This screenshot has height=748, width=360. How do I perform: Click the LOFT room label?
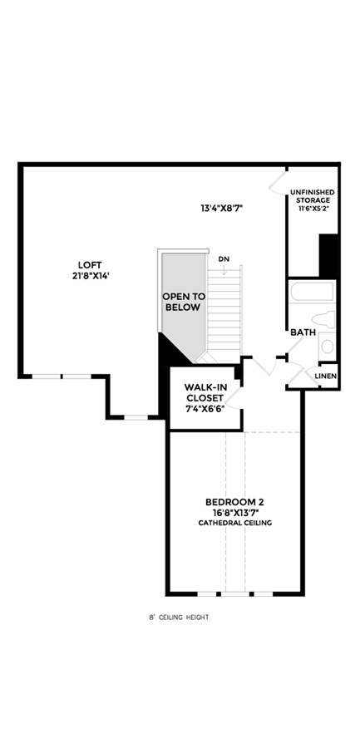(91, 265)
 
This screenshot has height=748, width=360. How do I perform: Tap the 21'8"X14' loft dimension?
(91, 275)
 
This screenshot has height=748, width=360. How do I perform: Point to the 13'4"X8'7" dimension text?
(219, 208)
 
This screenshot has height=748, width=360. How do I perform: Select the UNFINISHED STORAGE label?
(313, 196)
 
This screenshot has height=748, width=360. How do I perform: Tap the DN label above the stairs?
(223, 259)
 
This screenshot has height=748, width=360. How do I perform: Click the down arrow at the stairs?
(223, 269)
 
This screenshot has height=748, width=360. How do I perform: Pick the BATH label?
(303, 332)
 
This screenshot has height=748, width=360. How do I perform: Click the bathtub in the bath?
(313, 292)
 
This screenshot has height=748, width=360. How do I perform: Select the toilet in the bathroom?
(323, 317)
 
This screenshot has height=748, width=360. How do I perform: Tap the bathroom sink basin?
(328, 347)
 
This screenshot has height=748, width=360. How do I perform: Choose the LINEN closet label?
(326, 376)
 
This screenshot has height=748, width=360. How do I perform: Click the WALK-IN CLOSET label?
(205, 391)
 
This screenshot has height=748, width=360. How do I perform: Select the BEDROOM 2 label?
(234, 502)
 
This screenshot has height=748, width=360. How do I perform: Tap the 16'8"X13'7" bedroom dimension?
(234, 512)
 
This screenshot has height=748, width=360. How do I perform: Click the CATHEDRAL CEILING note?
(235, 524)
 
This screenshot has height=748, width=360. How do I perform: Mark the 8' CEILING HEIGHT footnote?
(179, 618)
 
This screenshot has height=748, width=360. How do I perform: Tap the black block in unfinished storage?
(328, 256)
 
